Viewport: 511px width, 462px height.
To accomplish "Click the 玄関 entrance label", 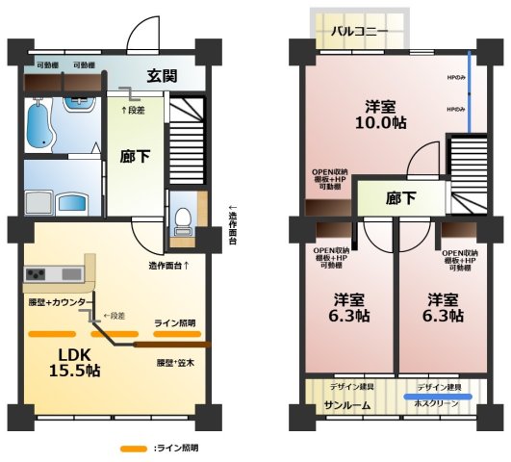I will [x=162, y=76].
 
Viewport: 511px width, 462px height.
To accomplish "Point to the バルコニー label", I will [x=360, y=31].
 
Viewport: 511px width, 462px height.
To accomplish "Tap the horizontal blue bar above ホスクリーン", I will [x=438, y=396].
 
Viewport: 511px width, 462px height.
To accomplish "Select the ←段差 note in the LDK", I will [x=115, y=316].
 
